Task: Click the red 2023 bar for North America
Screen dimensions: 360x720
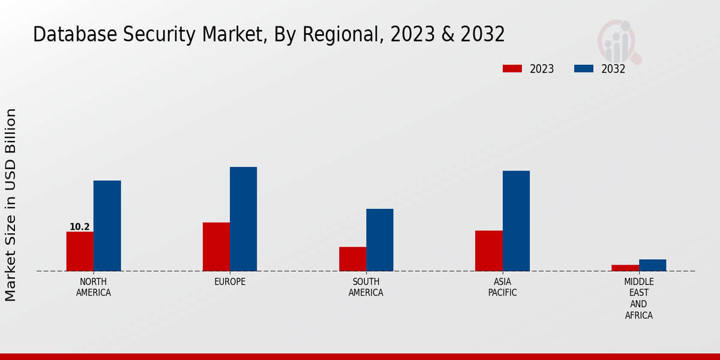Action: coord(80,251)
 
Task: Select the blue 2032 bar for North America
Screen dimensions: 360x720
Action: coord(107,226)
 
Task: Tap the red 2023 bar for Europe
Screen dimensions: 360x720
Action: coord(216,247)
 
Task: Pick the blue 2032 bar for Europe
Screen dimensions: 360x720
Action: coord(243,219)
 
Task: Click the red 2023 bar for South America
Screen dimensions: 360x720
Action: coord(352,259)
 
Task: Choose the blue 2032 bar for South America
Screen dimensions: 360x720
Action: coord(380,240)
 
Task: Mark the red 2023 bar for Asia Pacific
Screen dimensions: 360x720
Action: coord(488,251)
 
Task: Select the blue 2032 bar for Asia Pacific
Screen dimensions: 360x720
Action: coord(516,221)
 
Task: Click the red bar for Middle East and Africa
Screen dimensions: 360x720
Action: coord(625,268)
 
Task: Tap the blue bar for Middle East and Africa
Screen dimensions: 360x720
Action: coord(652,265)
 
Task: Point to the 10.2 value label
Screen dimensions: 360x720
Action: coord(79,227)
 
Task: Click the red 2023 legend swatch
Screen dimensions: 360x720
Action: coord(512,68)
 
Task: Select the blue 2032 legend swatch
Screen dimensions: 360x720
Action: coord(583,68)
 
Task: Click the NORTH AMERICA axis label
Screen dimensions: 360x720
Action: coord(94,287)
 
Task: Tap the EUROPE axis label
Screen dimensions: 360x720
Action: coord(230,281)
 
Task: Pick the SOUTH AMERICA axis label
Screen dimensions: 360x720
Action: coord(366,287)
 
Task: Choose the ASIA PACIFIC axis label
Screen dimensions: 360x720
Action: coord(502,287)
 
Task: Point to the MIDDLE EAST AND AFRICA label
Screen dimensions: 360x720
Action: coord(638,298)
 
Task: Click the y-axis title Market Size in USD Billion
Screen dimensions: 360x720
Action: coord(11,205)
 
